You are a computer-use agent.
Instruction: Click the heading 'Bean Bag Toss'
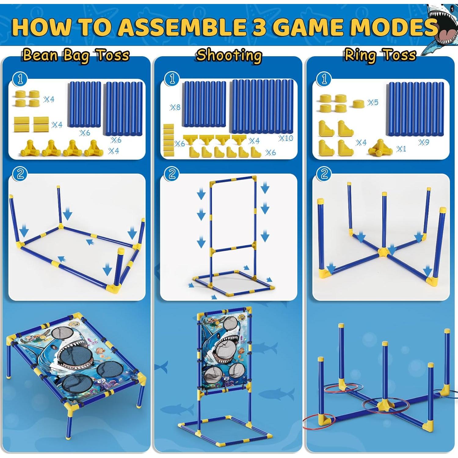pyautogui.click(x=76, y=56)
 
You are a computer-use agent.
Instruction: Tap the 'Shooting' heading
pyautogui.click(x=229, y=56)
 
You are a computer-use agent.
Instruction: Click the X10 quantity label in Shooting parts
pyautogui.click(x=286, y=138)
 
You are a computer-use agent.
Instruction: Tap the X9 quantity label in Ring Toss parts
pyautogui.click(x=424, y=142)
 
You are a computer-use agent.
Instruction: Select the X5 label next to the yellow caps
pyautogui.click(x=373, y=102)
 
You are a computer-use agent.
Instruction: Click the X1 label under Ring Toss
pyautogui.click(x=401, y=149)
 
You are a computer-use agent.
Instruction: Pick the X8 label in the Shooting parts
pyautogui.click(x=175, y=107)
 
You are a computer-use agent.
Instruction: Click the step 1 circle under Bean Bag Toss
pyautogui.click(x=20, y=79)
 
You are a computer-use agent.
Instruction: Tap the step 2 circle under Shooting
pyautogui.click(x=172, y=174)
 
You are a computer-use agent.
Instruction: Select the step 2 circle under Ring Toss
pyautogui.click(x=324, y=174)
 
